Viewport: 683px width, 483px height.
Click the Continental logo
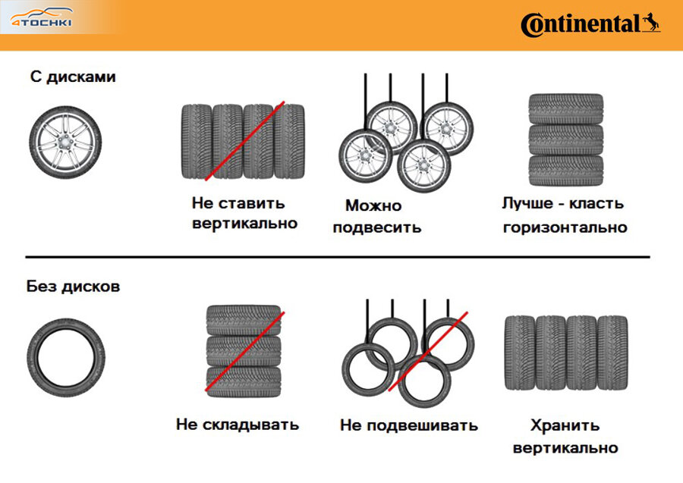pos(590,25)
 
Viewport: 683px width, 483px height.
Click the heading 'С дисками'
pos(73,77)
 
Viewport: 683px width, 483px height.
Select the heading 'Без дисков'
pos(73,287)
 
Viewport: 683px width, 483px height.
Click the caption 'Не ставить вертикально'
pos(244,213)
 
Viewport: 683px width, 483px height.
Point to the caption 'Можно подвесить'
pos(376,216)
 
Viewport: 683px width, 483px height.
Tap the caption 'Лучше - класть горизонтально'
pos(565,215)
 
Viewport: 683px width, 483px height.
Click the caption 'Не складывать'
pos(238,425)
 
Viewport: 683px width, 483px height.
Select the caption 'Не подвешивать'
pos(408,425)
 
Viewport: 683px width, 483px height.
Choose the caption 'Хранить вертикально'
pos(565,436)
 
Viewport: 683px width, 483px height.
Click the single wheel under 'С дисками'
pos(65,142)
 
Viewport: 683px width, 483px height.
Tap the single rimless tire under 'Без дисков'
pos(66,358)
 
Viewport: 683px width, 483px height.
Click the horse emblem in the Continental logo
pos(651,23)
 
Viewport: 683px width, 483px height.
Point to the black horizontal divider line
pos(338,257)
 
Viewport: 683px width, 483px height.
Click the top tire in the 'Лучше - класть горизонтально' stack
pos(566,108)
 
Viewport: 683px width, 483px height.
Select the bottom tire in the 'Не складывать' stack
pos(244,381)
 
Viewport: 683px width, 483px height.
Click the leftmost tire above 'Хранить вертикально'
pos(520,353)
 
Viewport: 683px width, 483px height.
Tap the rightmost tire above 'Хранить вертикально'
pos(612,353)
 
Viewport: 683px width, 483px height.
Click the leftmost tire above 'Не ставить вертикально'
pos(197,142)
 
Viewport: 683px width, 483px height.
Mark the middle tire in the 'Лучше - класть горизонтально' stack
pos(566,140)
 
